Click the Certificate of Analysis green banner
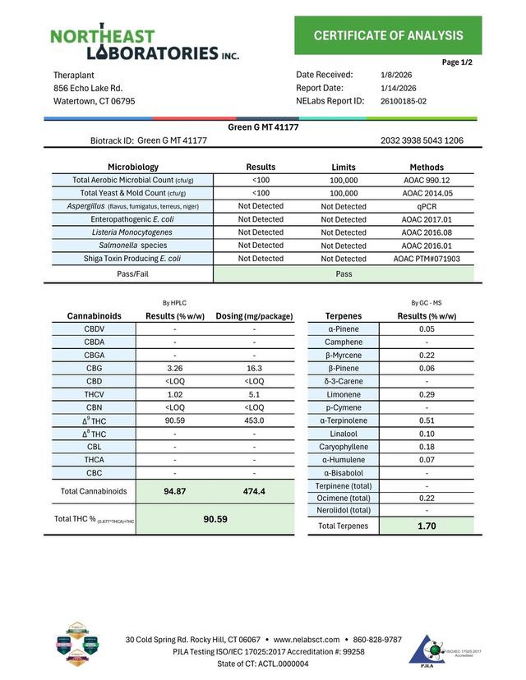tap(388, 35)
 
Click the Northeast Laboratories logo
tap(145, 44)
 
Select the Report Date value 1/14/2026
tap(399, 88)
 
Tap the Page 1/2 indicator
tap(457, 62)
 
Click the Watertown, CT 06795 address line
tap(95, 101)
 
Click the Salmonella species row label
tap(132, 246)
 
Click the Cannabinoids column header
tap(94, 315)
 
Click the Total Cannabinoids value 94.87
tap(174, 491)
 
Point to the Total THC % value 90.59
tap(215, 519)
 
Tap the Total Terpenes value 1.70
tap(427, 526)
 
